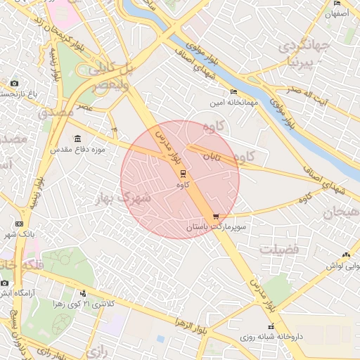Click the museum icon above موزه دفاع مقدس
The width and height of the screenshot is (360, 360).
click(77, 139)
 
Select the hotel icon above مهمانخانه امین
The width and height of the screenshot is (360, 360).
click(234, 92)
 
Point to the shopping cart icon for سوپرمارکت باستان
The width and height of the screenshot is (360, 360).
click(216, 217)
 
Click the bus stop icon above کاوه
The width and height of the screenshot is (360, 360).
click(183, 173)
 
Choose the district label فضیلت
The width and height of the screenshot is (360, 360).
click(278, 250)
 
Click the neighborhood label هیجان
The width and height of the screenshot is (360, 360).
click(341, 212)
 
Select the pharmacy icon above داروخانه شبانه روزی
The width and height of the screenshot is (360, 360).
click(271, 326)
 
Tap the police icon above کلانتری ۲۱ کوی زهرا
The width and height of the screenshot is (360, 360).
click(84, 293)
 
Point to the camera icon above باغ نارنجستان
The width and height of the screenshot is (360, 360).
click(15, 84)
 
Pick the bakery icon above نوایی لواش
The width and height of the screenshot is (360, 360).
click(345, 255)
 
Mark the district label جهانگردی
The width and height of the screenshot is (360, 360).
click(304, 46)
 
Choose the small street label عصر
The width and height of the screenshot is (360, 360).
click(86, 107)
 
